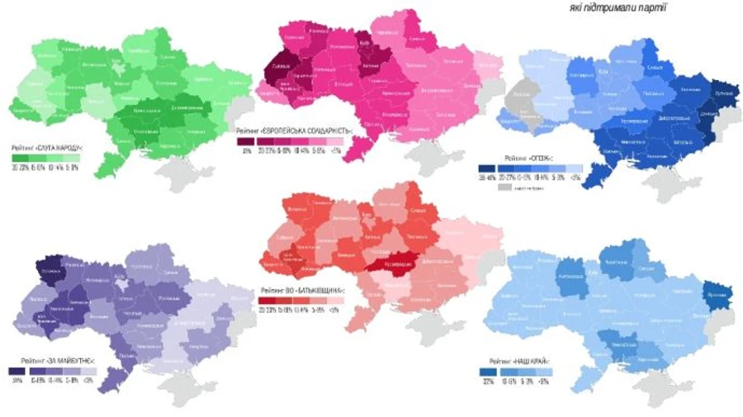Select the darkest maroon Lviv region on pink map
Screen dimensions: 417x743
pyautogui.click(x=280, y=73)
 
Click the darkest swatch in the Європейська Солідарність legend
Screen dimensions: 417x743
pyautogui.click(x=246, y=142)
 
